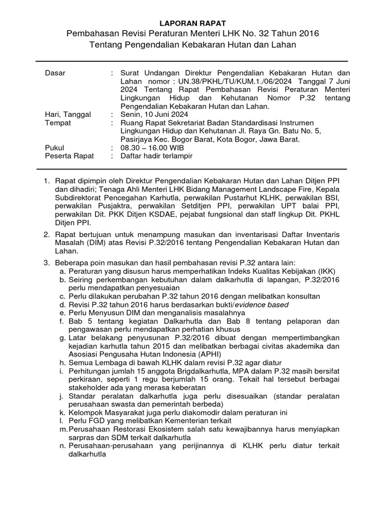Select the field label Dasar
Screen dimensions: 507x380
(55, 73)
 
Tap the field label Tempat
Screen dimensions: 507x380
(57, 123)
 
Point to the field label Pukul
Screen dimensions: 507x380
(54, 148)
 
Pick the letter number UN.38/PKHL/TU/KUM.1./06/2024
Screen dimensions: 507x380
(230, 82)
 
